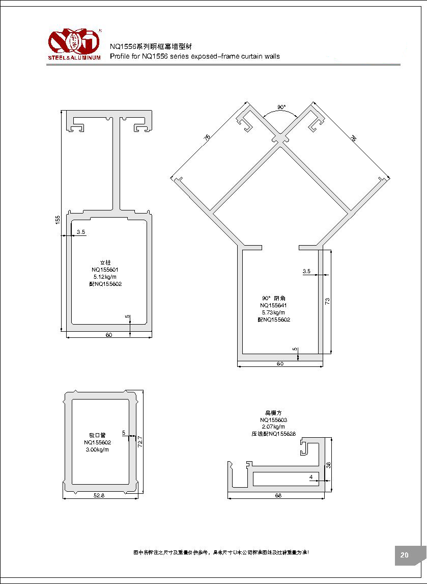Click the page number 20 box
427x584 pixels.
(x=405, y=555)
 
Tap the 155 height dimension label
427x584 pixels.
(x=58, y=219)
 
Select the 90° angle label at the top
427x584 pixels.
(x=281, y=108)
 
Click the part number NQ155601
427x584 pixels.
(x=105, y=270)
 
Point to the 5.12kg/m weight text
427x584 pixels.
(x=105, y=277)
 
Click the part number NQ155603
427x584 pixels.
(x=273, y=419)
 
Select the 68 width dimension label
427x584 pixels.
(x=277, y=495)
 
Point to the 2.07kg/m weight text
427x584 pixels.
(x=273, y=427)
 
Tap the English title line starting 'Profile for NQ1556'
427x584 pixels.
(x=195, y=57)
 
